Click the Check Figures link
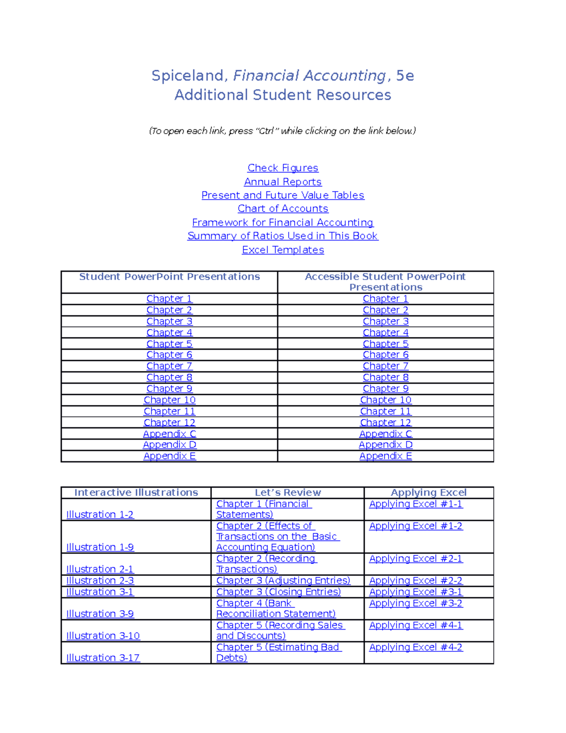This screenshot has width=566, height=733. coord(283,168)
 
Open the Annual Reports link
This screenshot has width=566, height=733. coord(283,182)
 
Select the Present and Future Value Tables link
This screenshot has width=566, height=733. coord(283,195)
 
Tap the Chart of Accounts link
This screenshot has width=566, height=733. coord(283,209)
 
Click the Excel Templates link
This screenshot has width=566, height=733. coord(283,250)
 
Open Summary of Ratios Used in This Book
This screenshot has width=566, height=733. coord(283,236)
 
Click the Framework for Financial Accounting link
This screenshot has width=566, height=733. coord(283,222)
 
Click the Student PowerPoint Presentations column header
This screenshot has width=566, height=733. coord(169,277)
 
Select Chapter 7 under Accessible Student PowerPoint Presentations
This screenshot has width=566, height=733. coord(385,366)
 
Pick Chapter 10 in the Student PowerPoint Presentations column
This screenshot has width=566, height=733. coord(169,400)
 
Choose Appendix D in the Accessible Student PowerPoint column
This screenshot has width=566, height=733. coord(385,445)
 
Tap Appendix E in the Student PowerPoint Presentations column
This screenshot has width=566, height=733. coord(169,456)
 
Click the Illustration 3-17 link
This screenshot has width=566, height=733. coord(103,658)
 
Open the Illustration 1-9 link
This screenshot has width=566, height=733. coord(100,548)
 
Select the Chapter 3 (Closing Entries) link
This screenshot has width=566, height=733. coord(278,592)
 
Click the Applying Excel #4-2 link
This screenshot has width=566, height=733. coord(416,648)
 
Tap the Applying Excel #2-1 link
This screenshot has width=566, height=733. coord(416,559)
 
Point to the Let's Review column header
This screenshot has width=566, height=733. coord(288,493)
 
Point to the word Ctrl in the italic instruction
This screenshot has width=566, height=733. coord(266,131)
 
